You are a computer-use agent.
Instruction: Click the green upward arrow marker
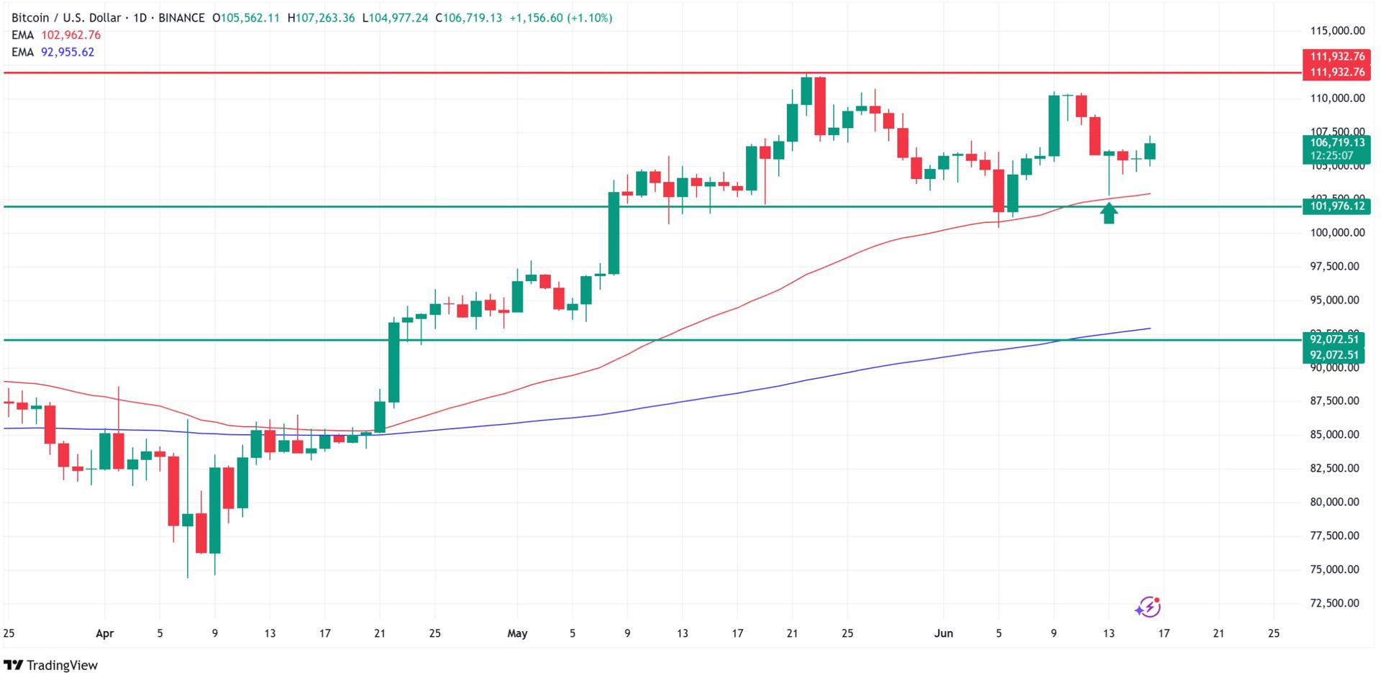[x=1109, y=213]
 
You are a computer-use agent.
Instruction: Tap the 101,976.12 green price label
[x=1337, y=206]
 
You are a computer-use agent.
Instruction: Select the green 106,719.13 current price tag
[x=1337, y=142]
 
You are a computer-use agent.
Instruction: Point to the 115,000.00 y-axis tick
[x=1337, y=31]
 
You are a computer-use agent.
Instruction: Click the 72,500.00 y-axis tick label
[x=1337, y=603]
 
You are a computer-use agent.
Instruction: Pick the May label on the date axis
[x=517, y=633]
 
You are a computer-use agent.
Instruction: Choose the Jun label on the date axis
[x=943, y=633]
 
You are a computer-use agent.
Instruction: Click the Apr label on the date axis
[x=105, y=633]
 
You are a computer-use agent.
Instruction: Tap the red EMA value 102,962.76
[x=70, y=35]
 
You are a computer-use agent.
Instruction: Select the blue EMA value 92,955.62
[x=68, y=52]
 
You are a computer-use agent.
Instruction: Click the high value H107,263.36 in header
[x=321, y=18]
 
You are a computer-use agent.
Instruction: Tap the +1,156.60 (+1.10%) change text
[x=561, y=18]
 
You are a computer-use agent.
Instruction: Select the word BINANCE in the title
[x=181, y=18]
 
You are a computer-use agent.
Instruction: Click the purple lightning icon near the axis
[x=1148, y=607]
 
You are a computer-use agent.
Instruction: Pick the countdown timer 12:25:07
[x=1331, y=155]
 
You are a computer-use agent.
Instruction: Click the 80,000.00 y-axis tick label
[x=1337, y=502]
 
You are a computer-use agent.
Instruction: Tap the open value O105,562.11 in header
[x=246, y=18]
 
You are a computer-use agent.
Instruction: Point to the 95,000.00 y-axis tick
[x=1337, y=300]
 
